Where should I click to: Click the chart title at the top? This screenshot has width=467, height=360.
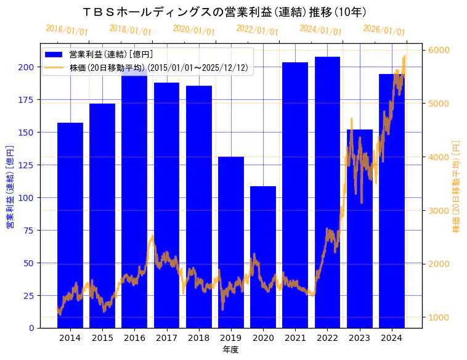(225, 12)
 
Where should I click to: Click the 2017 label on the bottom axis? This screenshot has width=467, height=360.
(166, 338)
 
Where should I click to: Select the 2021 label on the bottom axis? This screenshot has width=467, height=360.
(295, 338)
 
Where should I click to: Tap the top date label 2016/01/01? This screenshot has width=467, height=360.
(67, 30)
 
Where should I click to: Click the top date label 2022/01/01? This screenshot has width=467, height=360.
(257, 30)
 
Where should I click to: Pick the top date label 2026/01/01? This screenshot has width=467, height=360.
(384, 30)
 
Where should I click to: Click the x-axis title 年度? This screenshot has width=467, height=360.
(230, 350)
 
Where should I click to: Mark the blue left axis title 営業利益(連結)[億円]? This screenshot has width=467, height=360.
(10, 187)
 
